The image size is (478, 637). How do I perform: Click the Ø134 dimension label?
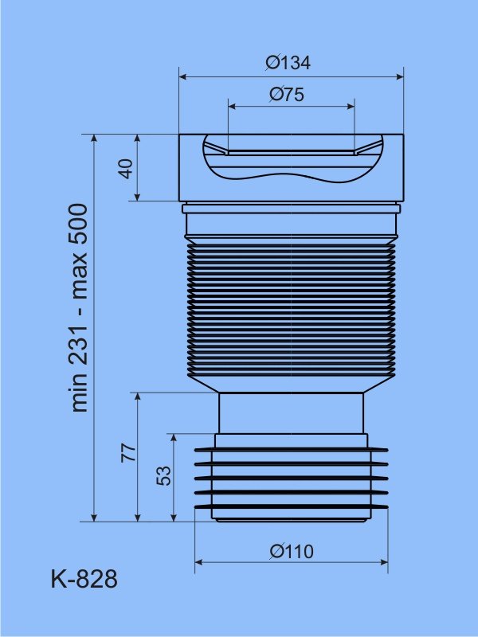(x=288, y=63)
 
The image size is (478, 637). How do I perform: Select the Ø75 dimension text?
(x=287, y=95)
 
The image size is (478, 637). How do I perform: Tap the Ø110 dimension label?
(x=292, y=552)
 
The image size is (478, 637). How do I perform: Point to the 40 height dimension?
(x=127, y=169)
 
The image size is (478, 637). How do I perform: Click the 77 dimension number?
(x=129, y=452)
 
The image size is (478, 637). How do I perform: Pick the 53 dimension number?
(x=164, y=475)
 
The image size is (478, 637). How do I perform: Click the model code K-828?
(x=84, y=579)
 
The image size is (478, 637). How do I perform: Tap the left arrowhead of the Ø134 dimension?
(x=183, y=76)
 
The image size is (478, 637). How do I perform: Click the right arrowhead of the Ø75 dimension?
(x=351, y=107)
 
